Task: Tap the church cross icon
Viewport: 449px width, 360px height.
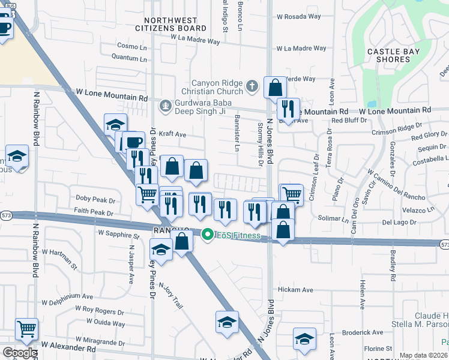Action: pos(252,86)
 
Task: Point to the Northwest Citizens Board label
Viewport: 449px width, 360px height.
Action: pos(162,24)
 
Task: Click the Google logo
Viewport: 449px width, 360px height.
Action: pos(19,353)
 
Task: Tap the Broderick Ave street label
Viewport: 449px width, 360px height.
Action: pos(362,332)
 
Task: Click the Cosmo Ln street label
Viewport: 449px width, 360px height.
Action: pos(132,46)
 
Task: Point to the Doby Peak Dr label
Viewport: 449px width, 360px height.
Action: pos(95,199)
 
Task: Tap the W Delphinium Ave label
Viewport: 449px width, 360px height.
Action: pos(67,296)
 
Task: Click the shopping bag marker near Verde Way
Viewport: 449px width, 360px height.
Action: pos(275,88)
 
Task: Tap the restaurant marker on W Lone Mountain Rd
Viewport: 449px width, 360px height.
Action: pos(288,109)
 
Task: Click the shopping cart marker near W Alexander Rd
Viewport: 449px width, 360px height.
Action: pos(26,328)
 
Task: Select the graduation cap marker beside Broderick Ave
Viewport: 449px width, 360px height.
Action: pos(304,338)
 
